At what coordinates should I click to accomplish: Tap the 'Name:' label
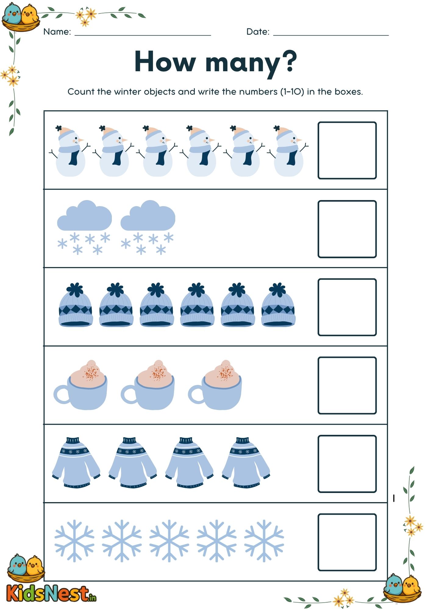pos(57,32)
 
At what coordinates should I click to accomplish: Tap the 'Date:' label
pos(258,32)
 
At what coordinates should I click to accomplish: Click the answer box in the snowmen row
pos(347,150)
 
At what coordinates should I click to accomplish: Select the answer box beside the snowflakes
pos(347,542)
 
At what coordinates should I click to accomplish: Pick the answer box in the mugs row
pos(347,385)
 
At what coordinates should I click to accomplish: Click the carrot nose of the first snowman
pos(81,140)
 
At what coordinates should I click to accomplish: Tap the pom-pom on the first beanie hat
pos(75,289)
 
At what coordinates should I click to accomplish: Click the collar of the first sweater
pos(73,441)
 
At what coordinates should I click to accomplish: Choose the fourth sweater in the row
pos(246,463)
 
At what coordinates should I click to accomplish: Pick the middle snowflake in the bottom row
pos(169,541)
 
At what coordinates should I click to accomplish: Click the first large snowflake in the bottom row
pos(74,541)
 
